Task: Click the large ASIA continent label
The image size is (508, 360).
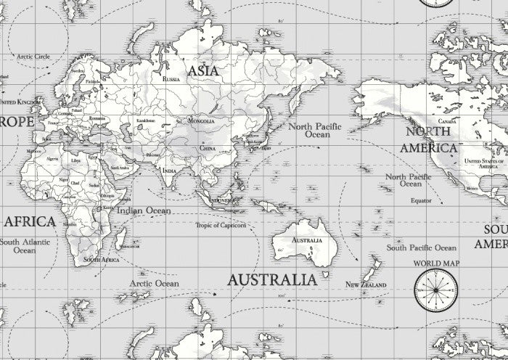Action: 202,70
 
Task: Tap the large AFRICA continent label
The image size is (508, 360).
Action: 29,221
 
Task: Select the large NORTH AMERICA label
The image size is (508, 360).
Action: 431,139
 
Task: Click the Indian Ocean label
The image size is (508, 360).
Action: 144,210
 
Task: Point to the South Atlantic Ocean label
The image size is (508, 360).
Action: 25,246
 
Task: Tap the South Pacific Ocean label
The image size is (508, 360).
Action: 421,247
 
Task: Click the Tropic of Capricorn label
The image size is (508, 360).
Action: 221,225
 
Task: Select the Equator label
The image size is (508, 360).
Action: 421,200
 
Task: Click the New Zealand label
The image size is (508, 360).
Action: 365,284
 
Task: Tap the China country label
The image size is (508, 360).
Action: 208,148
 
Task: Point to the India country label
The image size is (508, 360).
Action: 169,171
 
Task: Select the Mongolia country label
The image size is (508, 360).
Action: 200,121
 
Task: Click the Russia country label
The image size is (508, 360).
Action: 172,78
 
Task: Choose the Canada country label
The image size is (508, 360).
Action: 447,122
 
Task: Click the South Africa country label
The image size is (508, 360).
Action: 101,259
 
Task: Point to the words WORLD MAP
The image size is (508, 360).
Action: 436,263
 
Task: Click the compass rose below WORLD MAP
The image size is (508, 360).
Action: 435,290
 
